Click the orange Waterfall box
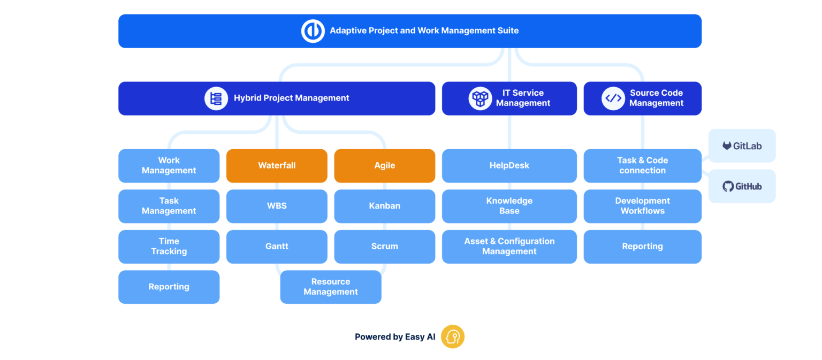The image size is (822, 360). pos(277,166)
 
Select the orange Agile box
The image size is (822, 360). pos(384,166)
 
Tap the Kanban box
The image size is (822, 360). pos(384,206)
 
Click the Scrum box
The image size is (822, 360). pos(384,247)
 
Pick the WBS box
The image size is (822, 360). pos(277,206)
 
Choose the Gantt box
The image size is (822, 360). pos(277,247)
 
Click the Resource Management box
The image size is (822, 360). pos(331,287)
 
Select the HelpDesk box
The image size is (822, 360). pos(509,166)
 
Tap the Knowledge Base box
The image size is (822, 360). pos(509,206)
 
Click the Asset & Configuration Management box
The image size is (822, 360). pos(509,247)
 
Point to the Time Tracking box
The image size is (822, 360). pos(169,247)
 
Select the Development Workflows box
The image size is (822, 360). pos(642,206)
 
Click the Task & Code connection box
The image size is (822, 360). pos(642,166)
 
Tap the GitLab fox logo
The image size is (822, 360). pos(727,145)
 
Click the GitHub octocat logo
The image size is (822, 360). pos(728,186)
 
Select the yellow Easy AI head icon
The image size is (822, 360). pos(453,337)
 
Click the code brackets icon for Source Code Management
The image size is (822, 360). pos(613,98)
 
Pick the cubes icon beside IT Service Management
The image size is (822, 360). pos(480,98)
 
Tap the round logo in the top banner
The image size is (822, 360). pos(313,31)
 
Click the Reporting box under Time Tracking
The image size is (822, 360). pos(169,287)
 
